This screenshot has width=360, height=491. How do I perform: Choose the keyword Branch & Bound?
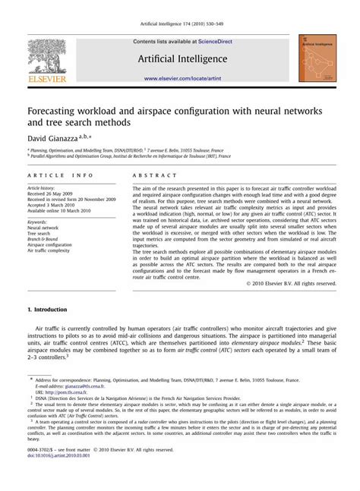[x=44, y=240]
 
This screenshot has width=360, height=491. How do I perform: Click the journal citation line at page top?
[x=179, y=7]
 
